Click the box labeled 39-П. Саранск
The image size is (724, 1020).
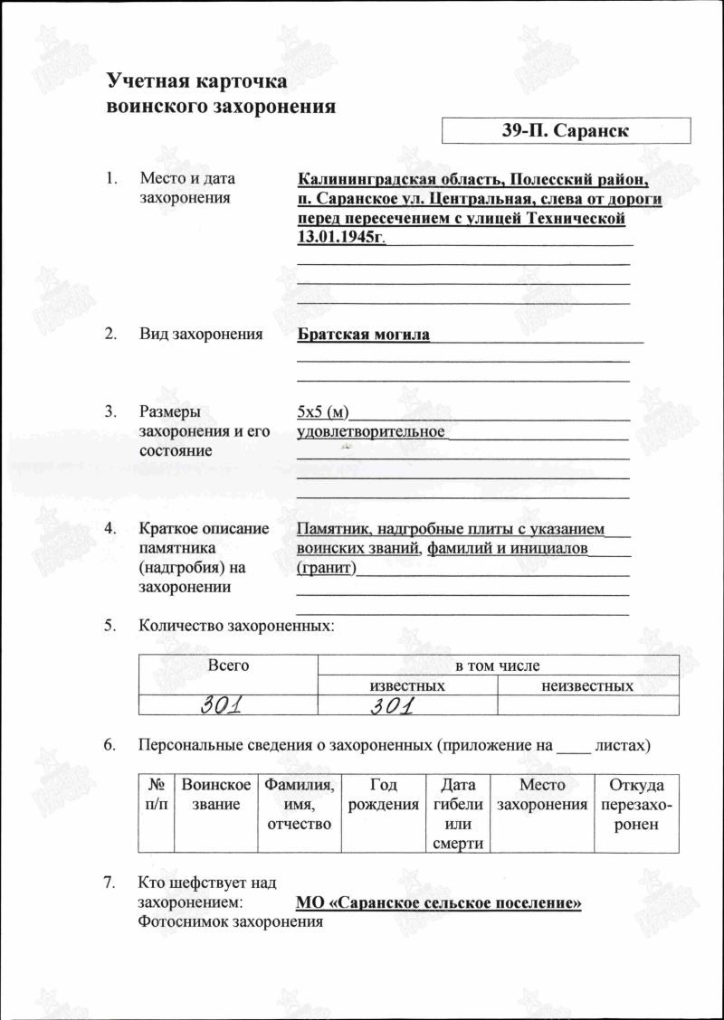(566, 130)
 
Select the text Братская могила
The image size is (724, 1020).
(364, 335)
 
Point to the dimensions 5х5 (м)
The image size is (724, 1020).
(323, 412)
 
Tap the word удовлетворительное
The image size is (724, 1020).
(371, 431)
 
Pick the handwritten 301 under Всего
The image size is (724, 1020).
(227, 705)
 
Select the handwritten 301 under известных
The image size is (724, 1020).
(392, 705)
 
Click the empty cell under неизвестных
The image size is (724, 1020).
(587, 705)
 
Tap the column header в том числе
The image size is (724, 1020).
(497, 666)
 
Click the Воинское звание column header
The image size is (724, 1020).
(215, 795)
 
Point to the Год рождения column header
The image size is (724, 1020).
(384, 795)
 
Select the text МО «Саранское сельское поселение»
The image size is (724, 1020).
(439, 903)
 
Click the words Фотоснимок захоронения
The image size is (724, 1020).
(231, 922)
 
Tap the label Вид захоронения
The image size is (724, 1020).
(201, 335)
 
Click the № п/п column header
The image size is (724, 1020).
(156, 795)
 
